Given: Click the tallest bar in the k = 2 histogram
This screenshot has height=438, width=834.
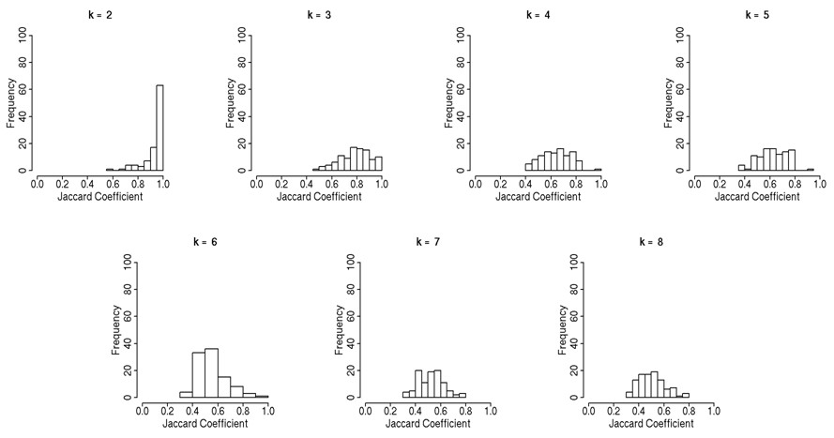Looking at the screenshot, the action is [159, 128].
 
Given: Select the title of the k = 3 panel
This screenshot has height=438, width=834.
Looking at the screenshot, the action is [319, 15].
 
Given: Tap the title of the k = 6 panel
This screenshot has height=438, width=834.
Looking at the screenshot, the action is [205, 242].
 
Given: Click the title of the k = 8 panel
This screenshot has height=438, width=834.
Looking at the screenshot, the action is [652, 242].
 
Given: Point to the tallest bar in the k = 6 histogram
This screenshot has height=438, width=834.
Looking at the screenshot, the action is [211, 373].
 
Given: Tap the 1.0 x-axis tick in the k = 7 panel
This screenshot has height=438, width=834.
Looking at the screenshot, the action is [491, 411].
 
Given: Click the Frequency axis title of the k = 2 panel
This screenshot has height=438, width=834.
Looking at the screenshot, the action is [10, 103].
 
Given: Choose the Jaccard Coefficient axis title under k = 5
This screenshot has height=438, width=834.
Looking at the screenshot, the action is [757, 197].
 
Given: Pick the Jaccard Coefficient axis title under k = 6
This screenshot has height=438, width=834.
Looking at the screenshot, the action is [205, 424].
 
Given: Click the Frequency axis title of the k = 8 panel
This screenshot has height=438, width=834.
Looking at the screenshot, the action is [562, 330].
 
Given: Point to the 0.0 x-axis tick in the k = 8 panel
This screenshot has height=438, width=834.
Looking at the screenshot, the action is [588, 411].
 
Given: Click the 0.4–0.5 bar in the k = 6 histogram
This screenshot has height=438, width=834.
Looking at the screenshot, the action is [199, 375].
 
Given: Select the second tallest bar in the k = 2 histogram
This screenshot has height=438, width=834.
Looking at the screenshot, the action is [153, 159].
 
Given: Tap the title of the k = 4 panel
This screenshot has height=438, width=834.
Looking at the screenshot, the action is [538, 15].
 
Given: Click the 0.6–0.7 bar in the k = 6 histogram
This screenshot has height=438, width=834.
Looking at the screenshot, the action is [224, 387].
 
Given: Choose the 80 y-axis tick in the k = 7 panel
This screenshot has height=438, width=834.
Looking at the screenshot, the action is [350, 290].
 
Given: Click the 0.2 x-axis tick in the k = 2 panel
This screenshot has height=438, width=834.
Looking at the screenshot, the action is [62, 184].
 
